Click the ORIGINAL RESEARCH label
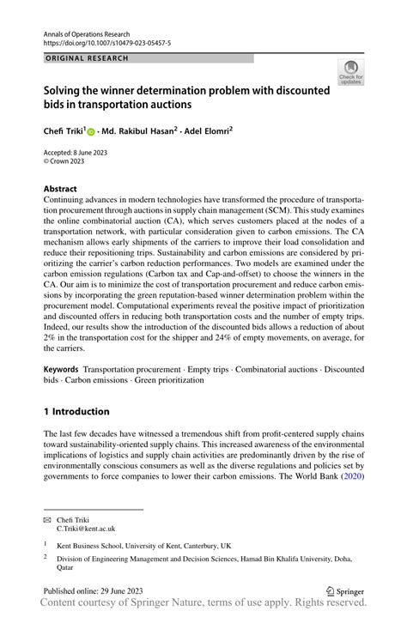[x=86, y=58]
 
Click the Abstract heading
[x=60, y=189]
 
